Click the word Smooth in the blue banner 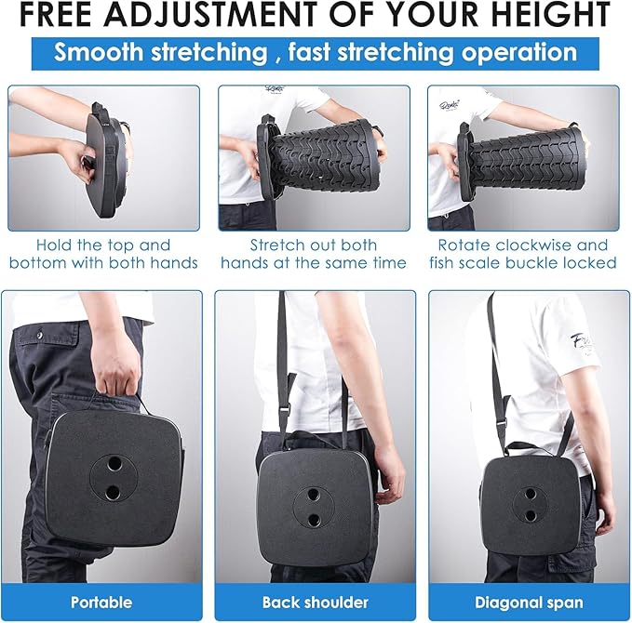(x=99, y=52)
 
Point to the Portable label (x=101, y=602)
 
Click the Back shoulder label (x=316, y=602)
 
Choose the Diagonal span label (x=529, y=603)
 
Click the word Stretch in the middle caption (x=273, y=245)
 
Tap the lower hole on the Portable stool (x=113, y=492)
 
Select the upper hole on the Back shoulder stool (x=313, y=494)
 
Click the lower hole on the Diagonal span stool (x=530, y=515)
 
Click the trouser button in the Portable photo (x=39, y=334)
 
